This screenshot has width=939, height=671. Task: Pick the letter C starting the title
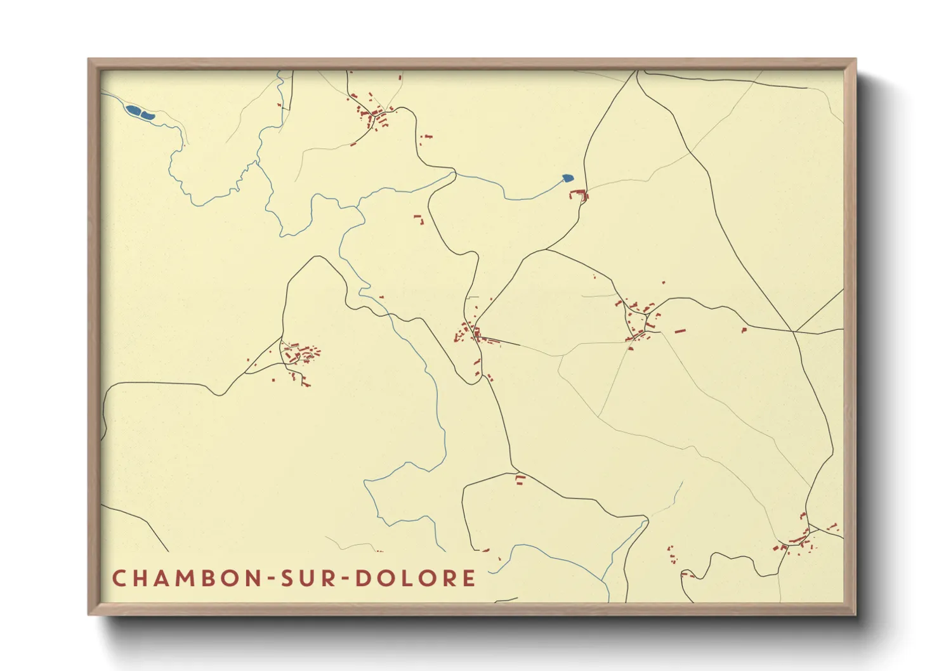tap(118, 578)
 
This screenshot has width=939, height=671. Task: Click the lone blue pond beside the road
tap(568, 178)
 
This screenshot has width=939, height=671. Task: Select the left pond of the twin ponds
tap(133, 111)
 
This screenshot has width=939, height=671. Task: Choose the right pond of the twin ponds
tap(147, 115)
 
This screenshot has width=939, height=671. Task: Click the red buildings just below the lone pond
tap(581, 195)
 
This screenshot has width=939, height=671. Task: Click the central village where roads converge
tap(473, 334)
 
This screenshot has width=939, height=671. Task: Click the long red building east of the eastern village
tap(680, 330)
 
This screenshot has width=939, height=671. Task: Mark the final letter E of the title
tap(469, 578)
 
